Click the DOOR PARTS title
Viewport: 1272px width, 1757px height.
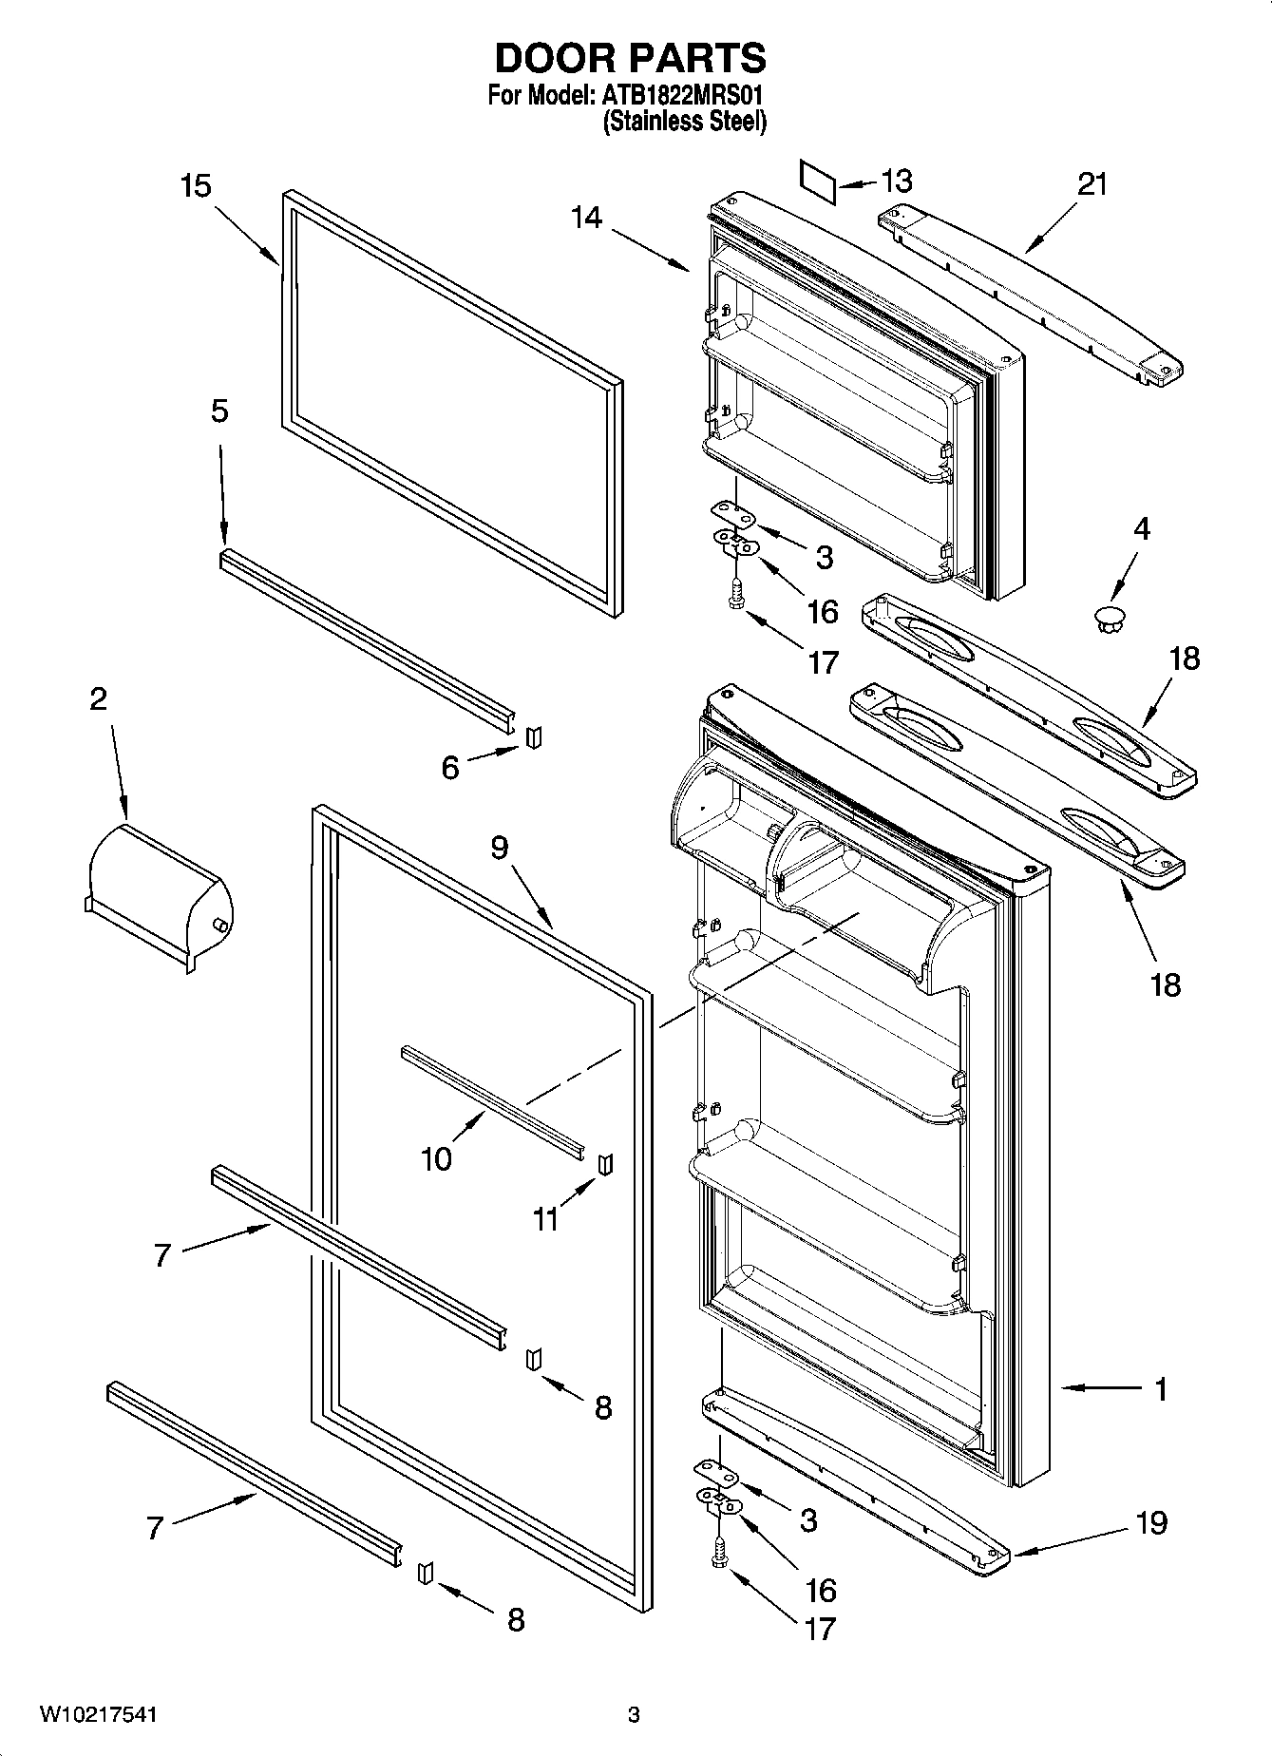tap(630, 59)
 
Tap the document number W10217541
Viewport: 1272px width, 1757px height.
tap(98, 1715)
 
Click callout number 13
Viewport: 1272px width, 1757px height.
tap(896, 180)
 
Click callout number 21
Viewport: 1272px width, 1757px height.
tap(1092, 183)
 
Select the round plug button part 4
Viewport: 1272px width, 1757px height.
tap(1108, 621)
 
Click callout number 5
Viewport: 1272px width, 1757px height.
tap(219, 411)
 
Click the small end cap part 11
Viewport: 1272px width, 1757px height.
tap(604, 1163)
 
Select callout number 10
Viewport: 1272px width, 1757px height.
tap(436, 1158)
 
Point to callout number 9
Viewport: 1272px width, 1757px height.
tap(500, 848)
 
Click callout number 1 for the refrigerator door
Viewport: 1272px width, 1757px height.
tap(1161, 1388)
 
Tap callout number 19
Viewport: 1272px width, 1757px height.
tap(1151, 1522)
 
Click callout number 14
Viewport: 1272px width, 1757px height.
tap(586, 218)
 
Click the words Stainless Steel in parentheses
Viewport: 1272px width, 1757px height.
tap(684, 122)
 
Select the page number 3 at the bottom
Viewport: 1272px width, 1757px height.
tap(634, 1715)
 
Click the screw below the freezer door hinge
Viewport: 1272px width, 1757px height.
tap(735, 596)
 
